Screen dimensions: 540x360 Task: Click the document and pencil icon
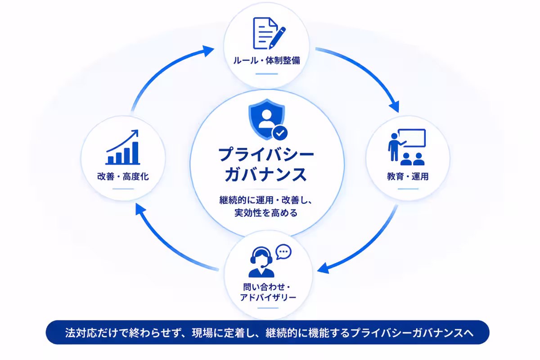(x=269, y=33)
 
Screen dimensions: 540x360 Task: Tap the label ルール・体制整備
(x=266, y=60)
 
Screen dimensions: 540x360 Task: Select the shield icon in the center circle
(x=267, y=119)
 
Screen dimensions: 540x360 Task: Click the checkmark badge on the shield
(x=279, y=133)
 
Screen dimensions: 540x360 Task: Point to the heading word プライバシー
(x=266, y=154)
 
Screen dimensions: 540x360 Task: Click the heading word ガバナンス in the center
(x=266, y=174)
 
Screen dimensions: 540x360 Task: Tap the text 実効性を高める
(x=266, y=213)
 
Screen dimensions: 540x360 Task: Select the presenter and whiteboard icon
(x=407, y=147)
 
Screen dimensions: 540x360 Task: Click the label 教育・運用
(x=408, y=176)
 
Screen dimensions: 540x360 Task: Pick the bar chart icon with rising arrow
(x=123, y=147)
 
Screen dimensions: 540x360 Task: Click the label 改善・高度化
(x=123, y=176)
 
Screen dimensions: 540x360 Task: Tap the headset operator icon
(x=261, y=262)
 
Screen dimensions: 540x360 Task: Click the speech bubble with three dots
(x=283, y=252)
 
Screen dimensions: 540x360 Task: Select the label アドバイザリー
(x=268, y=297)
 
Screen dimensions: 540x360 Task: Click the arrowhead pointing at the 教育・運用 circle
(x=394, y=106)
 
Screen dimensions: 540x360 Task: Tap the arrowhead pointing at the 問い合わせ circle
(x=323, y=268)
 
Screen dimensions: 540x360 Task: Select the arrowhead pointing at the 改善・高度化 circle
(x=140, y=209)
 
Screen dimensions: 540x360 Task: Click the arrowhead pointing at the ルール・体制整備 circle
(x=208, y=51)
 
